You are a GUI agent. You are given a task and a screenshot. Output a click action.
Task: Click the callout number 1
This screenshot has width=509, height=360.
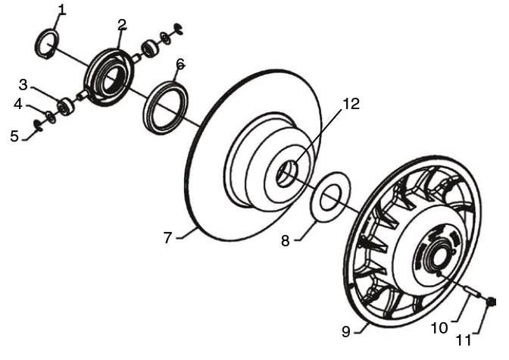(x=62, y=10)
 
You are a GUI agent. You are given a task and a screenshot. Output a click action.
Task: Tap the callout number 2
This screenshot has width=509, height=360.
(x=122, y=25)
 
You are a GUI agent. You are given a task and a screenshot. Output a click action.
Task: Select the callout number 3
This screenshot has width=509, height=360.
(x=23, y=85)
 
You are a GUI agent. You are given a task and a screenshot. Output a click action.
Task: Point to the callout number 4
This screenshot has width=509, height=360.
(x=18, y=105)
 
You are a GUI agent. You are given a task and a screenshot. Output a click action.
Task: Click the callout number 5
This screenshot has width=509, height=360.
(x=14, y=136)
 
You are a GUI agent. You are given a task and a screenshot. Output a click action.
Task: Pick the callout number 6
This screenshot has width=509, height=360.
(x=180, y=64)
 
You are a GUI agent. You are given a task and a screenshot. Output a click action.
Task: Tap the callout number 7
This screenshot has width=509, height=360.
(x=167, y=238)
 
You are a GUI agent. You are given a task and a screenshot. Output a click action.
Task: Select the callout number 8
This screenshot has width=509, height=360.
(x=285, y=241)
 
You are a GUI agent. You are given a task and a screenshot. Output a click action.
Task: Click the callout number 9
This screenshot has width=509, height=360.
(x=346, y=332)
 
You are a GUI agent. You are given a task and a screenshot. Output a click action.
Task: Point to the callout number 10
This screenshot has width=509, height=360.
(x=439, y=328)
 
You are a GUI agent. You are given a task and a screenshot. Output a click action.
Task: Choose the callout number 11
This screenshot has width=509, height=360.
(x=464, y=340)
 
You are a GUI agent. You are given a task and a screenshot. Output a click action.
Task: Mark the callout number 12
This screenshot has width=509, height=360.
(x=351, y=105)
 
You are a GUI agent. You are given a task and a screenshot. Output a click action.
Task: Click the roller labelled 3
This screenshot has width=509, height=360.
(x=66, y=106)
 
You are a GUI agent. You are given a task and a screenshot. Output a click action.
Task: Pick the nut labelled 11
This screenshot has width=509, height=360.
(x=491, y=302)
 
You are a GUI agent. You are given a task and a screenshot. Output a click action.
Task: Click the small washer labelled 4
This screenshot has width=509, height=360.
(x=51, y=117)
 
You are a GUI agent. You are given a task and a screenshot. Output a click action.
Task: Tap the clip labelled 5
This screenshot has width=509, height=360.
(x=39, y=125)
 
